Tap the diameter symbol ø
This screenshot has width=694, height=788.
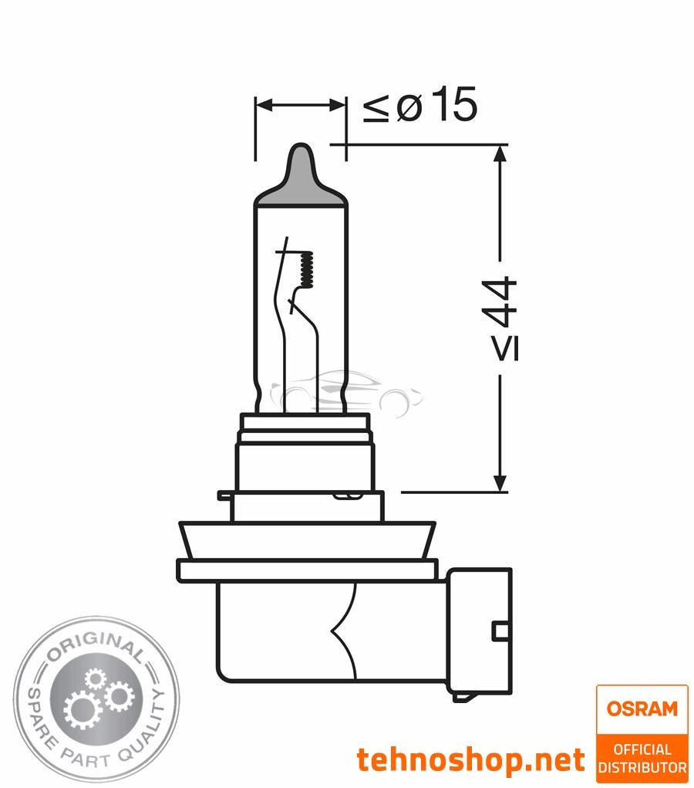(409, 109)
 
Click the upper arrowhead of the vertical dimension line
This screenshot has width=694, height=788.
(500, 153)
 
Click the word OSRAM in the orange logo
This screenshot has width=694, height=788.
(642, 708)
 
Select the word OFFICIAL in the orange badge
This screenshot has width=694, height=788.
(642, 749)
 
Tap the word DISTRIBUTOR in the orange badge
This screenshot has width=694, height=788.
(642, 767)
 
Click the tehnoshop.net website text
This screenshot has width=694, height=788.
(470, 760)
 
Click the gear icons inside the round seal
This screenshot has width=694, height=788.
(96, 698)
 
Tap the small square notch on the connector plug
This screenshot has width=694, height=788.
(500, 631)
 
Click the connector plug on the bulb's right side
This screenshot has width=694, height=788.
(480, 629)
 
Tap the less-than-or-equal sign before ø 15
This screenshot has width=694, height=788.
(376, 109)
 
